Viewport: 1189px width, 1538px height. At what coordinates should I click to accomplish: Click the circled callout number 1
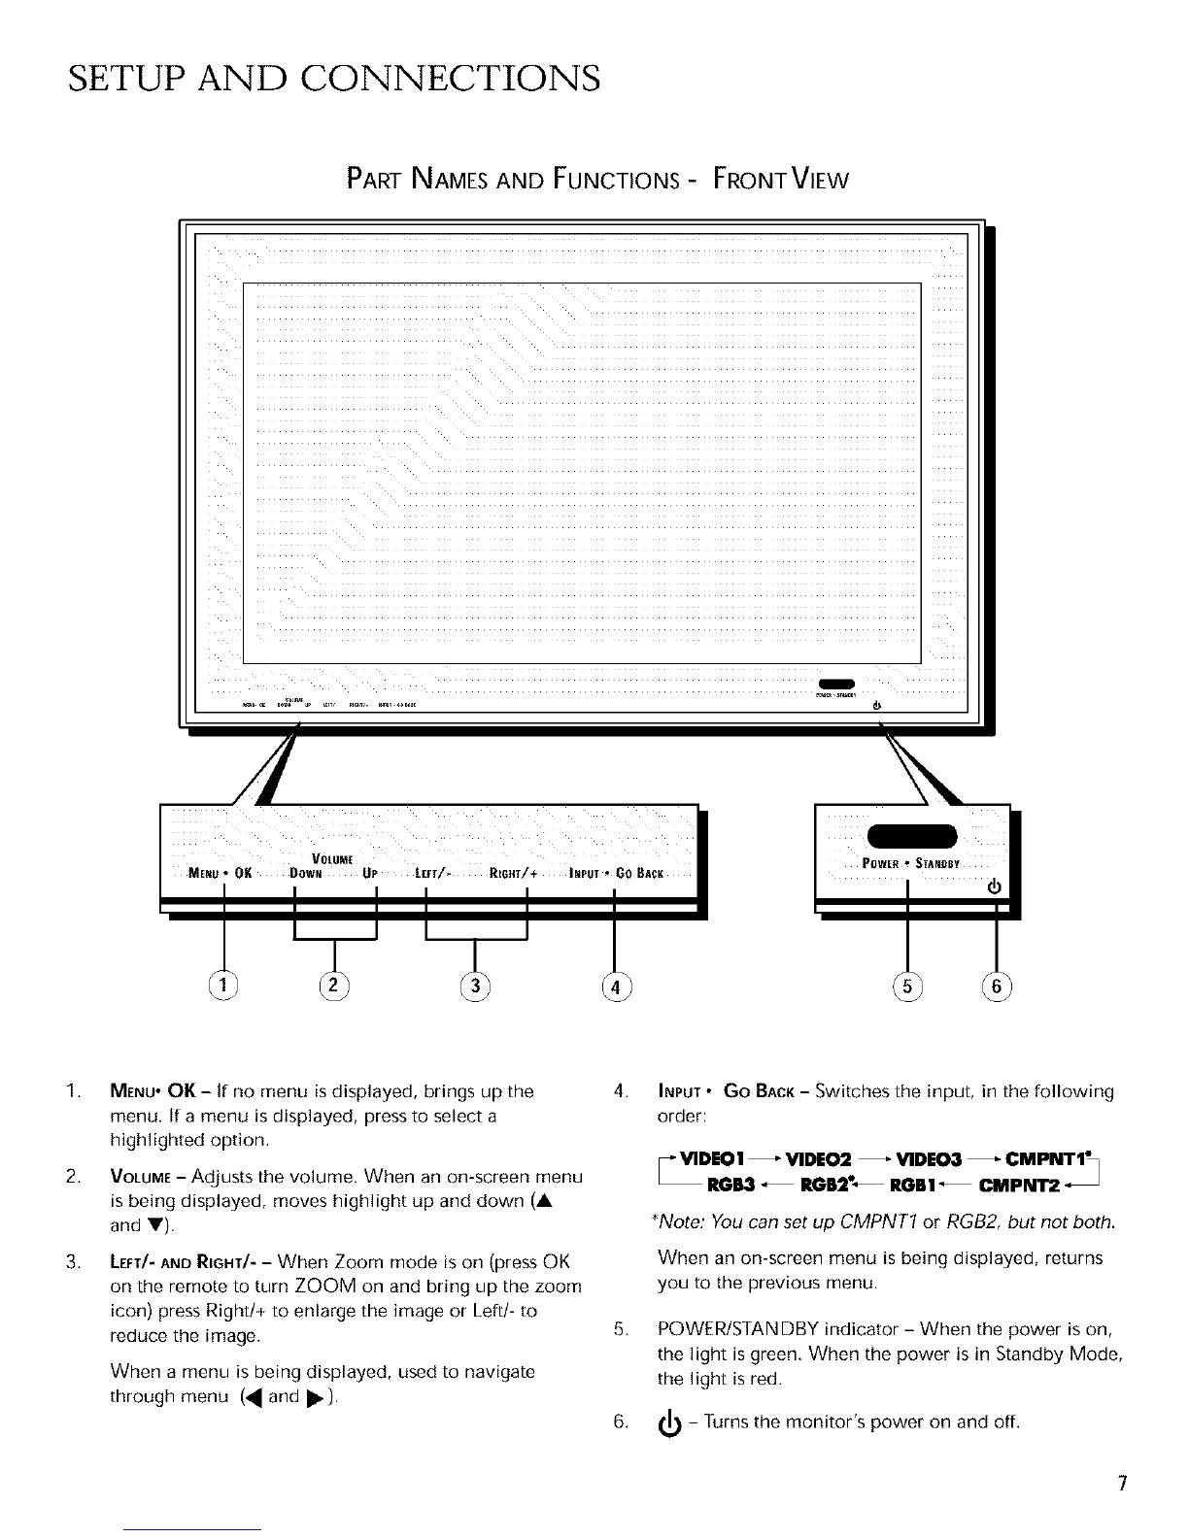tap(223, 986)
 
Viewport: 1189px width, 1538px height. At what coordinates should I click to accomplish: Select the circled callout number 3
tap(475, 986)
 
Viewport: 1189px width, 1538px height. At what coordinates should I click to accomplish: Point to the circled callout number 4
tap(616, 986)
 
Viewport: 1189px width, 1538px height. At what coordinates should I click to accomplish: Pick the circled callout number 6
tap(997, 986)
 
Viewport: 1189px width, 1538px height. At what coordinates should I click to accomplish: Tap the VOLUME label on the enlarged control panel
tap(331, 857)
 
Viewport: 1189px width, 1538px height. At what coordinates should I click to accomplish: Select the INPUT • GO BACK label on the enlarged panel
tap(616, 872)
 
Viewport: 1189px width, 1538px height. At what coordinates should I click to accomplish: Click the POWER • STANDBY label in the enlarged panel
tap(911, 863)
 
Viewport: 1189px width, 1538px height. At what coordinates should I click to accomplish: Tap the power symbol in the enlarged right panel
tap(993, 886)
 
